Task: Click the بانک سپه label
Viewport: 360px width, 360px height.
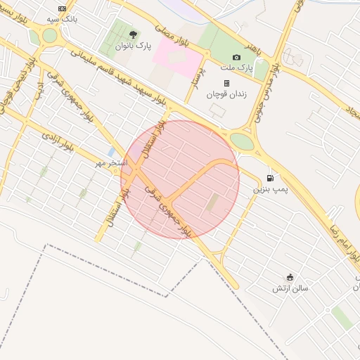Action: (61, 19)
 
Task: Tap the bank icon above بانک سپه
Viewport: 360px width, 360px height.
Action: (62, 8)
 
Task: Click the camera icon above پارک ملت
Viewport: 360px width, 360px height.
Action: (236, 57)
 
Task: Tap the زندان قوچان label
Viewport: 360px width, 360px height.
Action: (223, 94)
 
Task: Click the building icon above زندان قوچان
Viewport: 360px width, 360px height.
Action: (226, 83)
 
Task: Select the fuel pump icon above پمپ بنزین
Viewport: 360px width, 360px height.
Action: (270, 179)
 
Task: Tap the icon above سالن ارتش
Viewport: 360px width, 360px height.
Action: (290, 277)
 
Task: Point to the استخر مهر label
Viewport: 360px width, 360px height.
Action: (112, 163)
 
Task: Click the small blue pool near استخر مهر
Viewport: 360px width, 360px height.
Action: (111, 152)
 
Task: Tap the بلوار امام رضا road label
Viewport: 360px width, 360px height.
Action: (342, 238)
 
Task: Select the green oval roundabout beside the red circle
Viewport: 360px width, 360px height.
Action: (242, 141)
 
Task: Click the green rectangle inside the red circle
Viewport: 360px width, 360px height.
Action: (212, 202)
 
